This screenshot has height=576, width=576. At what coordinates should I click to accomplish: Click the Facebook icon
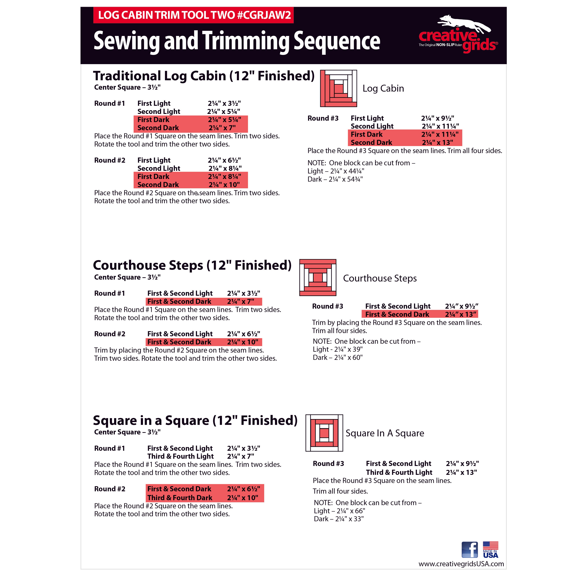point(469,549)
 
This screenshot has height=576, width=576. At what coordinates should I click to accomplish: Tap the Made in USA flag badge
point(490,549)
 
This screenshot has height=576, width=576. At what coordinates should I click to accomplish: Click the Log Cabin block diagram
point(338,89)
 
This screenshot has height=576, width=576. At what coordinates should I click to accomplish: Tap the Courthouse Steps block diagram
point(318,278)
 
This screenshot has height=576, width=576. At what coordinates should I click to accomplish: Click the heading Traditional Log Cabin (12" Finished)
point(204,76)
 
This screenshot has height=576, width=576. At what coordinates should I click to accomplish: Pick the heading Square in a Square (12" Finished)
point(195,420)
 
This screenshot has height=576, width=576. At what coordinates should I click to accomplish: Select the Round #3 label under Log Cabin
point(323,118)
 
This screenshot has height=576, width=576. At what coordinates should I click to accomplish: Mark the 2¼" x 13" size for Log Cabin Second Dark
point(437,142)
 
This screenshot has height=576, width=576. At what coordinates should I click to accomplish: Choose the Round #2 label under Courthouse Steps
point(110,334)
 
